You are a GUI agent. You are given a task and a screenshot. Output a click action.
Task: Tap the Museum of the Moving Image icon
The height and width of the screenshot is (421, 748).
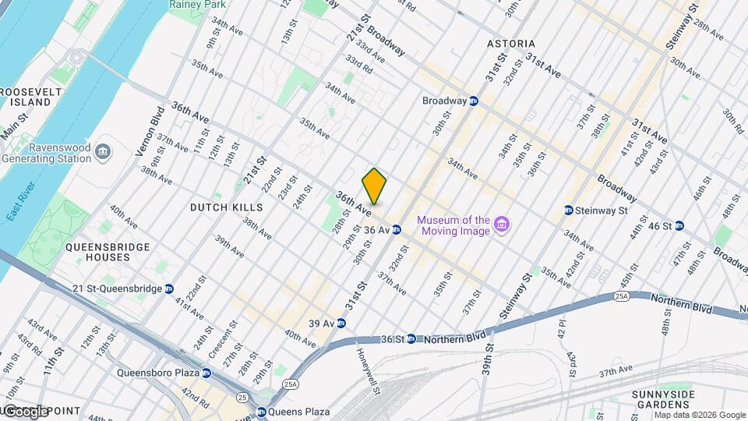[503, 225]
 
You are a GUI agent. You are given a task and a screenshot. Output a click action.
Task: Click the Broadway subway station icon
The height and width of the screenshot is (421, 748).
[473, 101]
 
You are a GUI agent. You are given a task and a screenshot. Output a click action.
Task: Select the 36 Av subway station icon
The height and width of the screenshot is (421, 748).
[397, 230]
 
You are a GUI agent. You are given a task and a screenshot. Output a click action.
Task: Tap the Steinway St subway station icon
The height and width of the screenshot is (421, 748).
[569, 210]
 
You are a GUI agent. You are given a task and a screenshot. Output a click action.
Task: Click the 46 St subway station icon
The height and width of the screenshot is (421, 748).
[679, 226]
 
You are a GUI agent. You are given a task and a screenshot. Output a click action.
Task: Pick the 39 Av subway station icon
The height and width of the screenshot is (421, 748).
[341, 323]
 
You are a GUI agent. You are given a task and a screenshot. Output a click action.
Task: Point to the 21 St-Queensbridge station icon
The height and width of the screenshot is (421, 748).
[169, 288]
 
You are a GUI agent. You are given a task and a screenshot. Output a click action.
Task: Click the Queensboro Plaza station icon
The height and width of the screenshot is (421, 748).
[206, 373]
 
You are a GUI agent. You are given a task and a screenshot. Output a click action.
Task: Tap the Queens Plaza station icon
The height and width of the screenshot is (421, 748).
[261, 412]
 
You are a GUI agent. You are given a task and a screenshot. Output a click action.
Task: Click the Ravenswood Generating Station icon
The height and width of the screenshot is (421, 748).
[103, 149]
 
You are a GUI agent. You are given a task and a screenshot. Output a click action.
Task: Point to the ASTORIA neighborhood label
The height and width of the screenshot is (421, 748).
[510, 44]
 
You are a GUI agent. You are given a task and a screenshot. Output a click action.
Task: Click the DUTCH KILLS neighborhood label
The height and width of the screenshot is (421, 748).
[227, 207]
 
